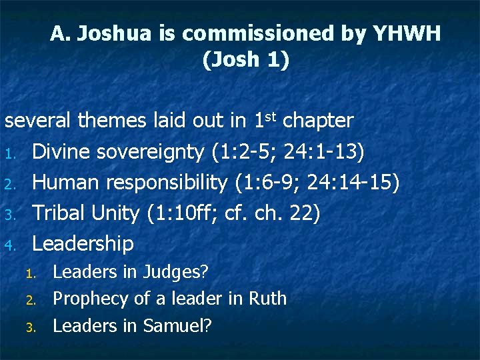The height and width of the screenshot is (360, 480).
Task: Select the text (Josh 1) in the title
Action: (x=245, y=60)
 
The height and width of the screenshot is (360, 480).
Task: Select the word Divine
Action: (x=63, y=151)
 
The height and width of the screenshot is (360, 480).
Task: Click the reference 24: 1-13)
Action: (x=324, y=152)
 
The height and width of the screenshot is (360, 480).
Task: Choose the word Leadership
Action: (x=83, y=244)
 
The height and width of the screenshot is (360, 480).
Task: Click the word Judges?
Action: (x=176, y=273)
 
